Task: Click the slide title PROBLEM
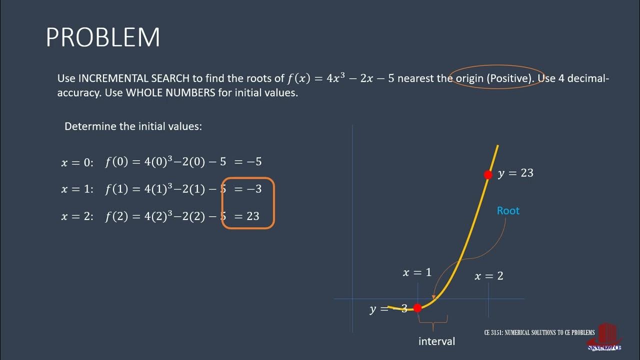(103, 37)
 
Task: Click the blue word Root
(508, 210)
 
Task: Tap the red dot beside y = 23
(488, 174)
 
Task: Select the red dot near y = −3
(417, 308)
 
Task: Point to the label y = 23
(515, 173)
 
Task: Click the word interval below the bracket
(436, 341)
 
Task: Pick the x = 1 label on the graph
(417, 272)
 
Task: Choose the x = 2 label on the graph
(488, 275)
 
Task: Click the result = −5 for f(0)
(248, 161)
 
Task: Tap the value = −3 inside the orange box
(248, 189)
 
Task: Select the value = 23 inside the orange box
(247, 216)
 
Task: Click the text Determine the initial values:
(133, 126)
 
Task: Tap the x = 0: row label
(77, 162)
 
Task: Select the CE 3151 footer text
(539, 332)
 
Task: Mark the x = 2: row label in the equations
(77, 216)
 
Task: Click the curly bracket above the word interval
(433, 318)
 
